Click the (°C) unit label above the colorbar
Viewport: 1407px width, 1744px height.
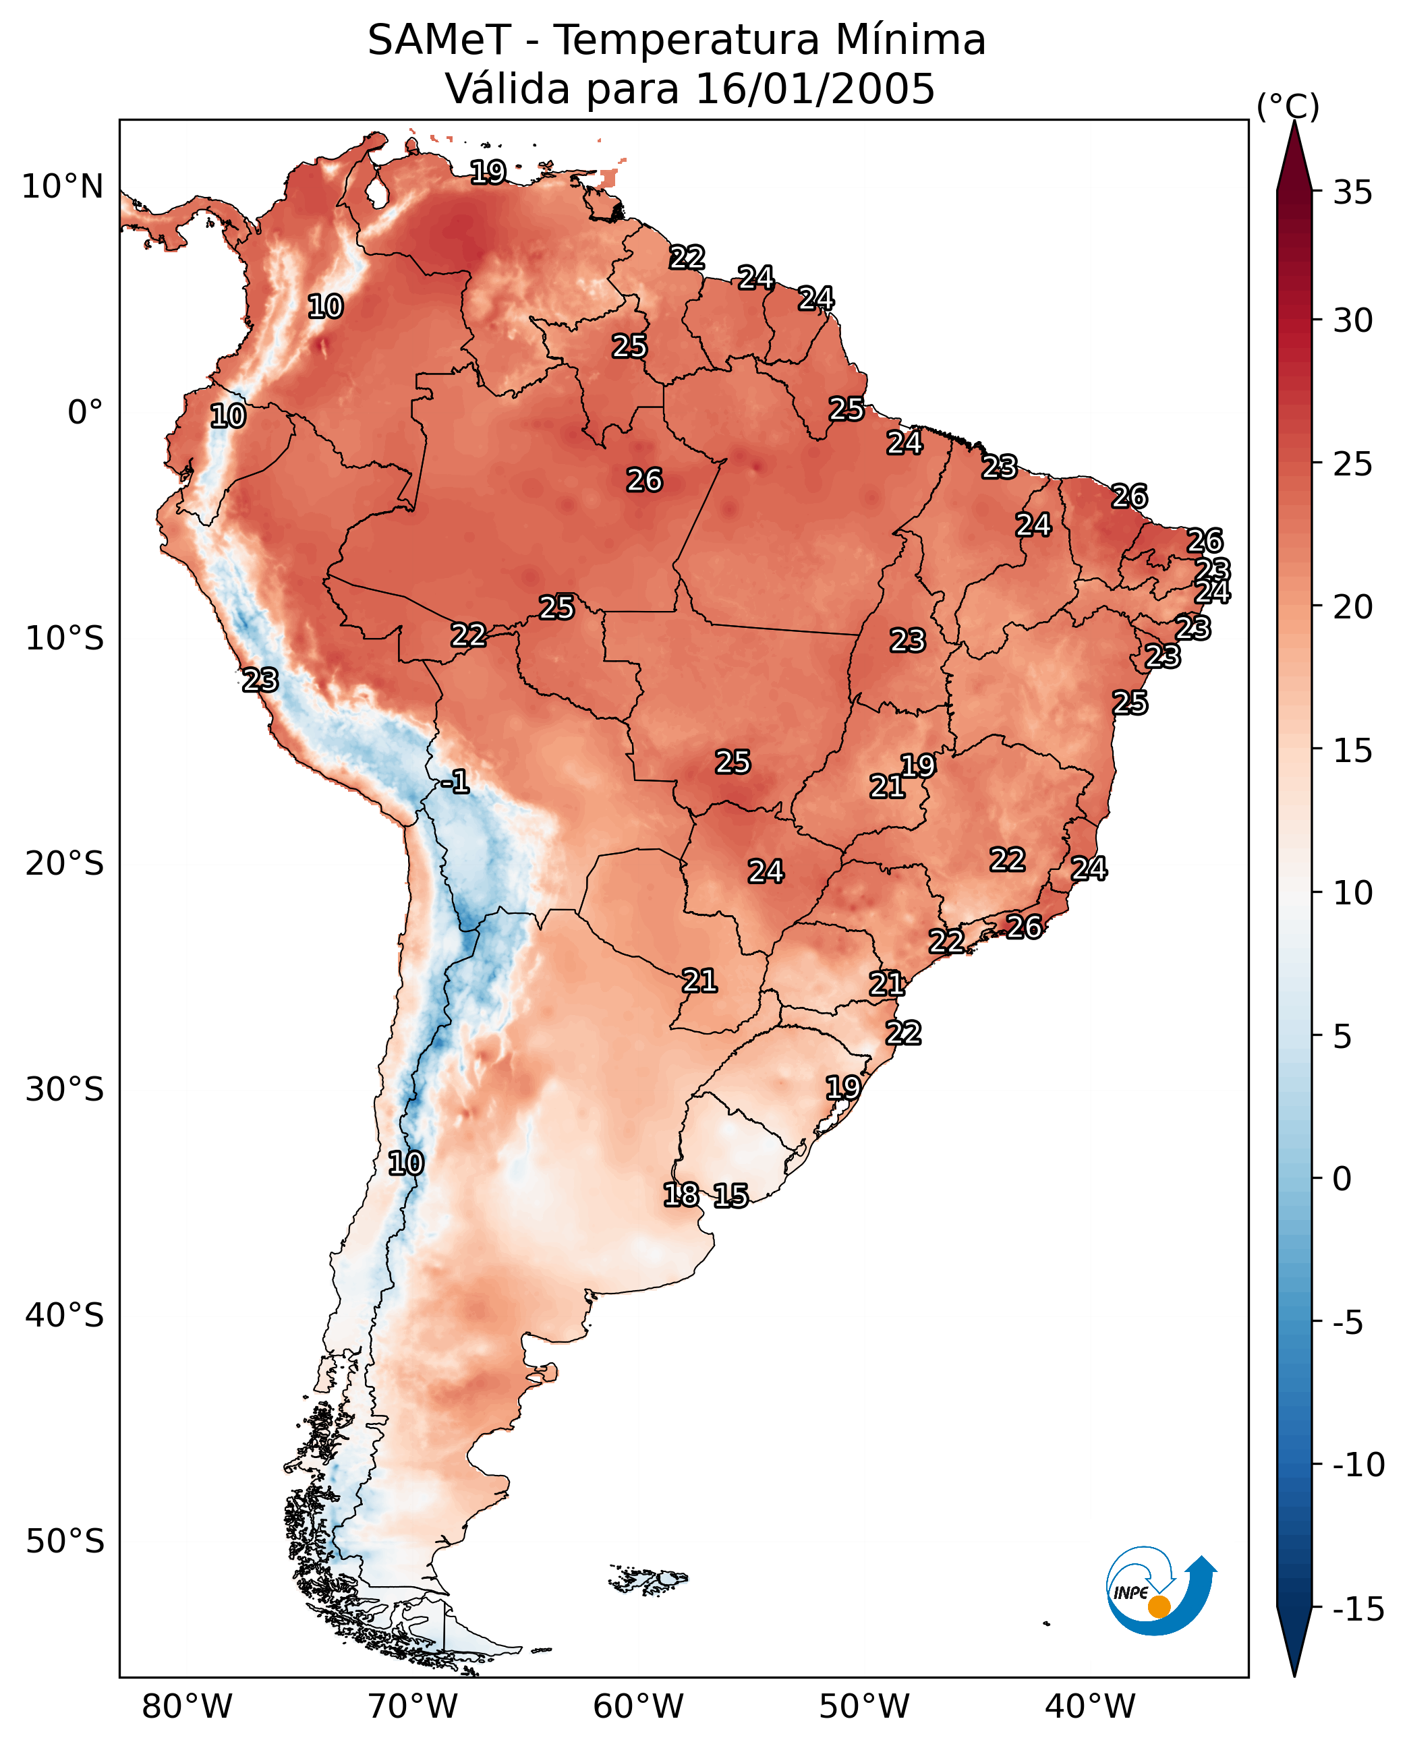(x=1288, y=106)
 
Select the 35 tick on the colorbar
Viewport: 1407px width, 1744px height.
(x=1352, y=193)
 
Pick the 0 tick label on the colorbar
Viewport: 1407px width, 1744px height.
(x=1342, y=1179)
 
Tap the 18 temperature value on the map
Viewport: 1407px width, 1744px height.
(x=681, y=1194)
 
